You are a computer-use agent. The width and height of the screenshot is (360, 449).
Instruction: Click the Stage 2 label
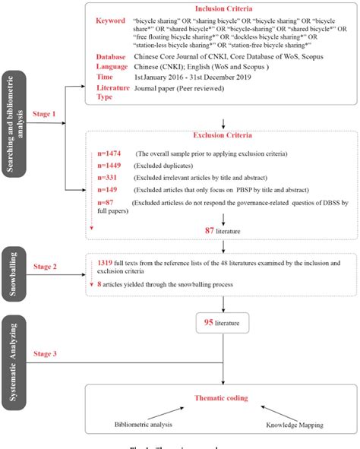click(52, 267)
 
